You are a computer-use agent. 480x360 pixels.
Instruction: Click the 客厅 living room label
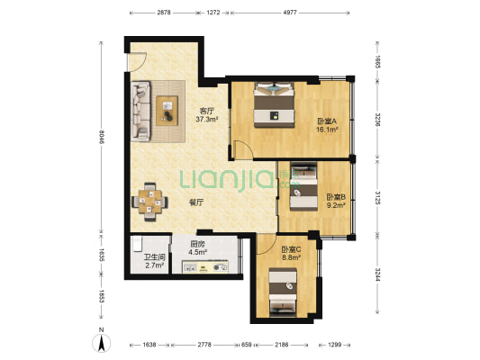coord(207,111)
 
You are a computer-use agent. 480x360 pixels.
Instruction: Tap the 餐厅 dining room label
coord(197,202)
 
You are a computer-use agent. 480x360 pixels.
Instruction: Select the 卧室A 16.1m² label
coord(327,125)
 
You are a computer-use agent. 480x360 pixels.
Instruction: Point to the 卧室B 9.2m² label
coord(336,201)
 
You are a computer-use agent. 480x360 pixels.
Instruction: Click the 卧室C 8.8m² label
coord(291,253)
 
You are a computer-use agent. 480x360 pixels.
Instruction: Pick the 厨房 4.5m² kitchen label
coord(198,248)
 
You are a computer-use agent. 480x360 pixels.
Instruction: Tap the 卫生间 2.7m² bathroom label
coord(155,261)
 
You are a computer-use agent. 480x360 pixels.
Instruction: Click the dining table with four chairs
coord(149,202)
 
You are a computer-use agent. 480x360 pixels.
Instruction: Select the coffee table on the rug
coord(168,111)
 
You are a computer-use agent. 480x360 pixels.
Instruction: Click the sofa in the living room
coord(140,111)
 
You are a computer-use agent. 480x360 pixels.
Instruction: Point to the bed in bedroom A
coord(274,104)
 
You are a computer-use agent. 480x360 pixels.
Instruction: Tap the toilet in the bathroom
coord(138,244)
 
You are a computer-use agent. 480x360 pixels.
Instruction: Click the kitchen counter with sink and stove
coord(205,266)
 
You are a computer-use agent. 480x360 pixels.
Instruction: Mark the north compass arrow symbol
coord(102,343)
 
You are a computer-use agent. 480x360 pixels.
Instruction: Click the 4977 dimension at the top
coord(290,13)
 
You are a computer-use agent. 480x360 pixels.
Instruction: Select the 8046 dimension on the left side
coord(102,138)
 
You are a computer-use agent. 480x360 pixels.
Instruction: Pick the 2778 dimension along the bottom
coord(204,345)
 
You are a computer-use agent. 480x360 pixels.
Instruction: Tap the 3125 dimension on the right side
coord(377,197)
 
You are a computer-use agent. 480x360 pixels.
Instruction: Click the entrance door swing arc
coord(141,64)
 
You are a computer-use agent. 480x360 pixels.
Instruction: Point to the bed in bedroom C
coord(283,292)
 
